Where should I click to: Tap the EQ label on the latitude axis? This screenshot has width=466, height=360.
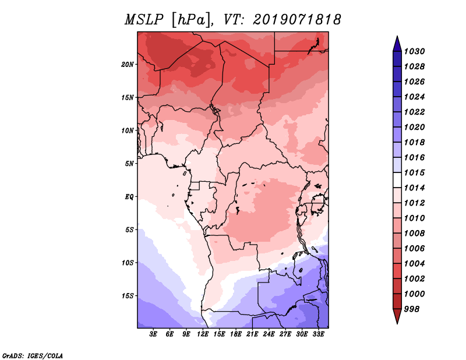tap(129, 196)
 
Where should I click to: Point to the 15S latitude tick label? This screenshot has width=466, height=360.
tap(128, 295)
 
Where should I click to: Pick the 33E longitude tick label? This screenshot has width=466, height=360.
tap(319, 334)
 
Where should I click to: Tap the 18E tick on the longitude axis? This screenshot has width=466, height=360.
tap(236, 334)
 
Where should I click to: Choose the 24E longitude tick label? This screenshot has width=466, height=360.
tap(269, 334)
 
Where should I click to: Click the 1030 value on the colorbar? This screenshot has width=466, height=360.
tap(415, 51)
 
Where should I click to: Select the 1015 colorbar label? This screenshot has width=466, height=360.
tap(415, 172)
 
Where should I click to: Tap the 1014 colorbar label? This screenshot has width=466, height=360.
tap(415, 188)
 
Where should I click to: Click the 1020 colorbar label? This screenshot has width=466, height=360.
tap(415, 127)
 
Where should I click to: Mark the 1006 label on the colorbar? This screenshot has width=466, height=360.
tap(415, 248)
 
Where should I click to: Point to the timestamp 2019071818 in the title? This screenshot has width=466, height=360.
tap(297, 20)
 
